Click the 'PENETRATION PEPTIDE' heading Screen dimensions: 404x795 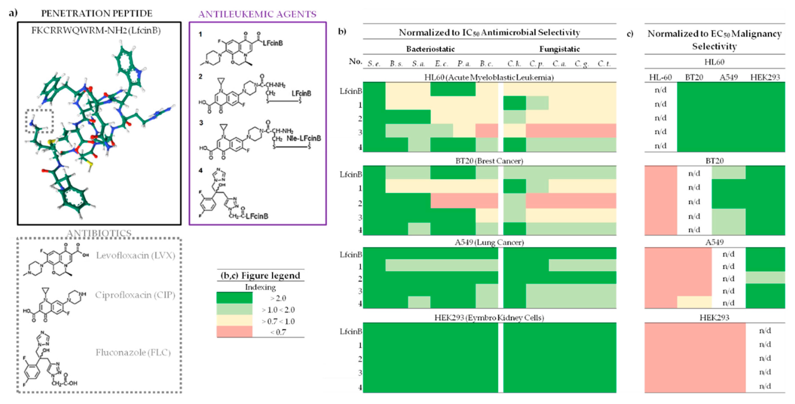coord(97,14)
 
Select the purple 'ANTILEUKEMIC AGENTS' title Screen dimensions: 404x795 coord(257,14)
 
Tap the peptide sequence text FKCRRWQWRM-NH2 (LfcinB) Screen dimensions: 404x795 coord(96,30)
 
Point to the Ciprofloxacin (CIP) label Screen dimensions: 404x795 coord(135,295)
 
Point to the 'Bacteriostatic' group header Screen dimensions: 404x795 coord(430,49)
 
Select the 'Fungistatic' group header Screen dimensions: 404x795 coord(559,49)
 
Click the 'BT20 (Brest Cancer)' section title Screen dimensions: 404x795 coord(489,161)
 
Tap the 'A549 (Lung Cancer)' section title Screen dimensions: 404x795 coord(489,242)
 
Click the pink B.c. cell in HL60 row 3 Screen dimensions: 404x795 coord(486,131)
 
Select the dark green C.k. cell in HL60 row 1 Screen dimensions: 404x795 coord(514,103)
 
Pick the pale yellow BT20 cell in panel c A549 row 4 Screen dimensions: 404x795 coord(694,302)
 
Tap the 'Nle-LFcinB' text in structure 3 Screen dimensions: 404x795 coord(304,138)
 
